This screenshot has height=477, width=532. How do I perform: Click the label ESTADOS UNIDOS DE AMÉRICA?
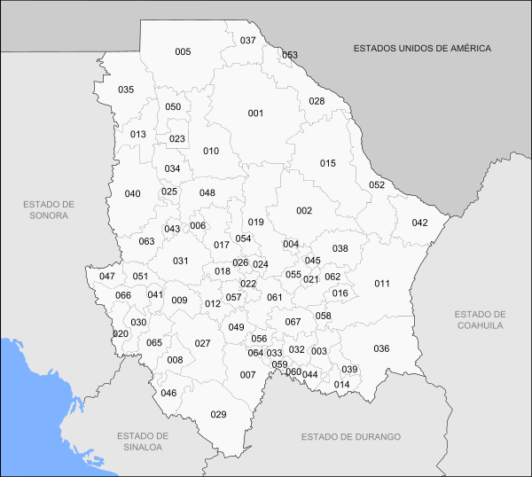click(421, 48)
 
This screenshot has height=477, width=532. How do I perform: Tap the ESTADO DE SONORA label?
click(50, 209)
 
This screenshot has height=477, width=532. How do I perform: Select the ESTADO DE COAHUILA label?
click(480, 320)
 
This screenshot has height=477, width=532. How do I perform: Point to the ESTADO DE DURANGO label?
click(350, 437)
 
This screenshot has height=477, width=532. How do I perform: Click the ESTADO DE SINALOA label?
click(142, 442)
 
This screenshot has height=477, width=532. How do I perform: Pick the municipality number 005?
click(183, 52)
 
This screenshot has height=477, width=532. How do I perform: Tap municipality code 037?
click(248, 41)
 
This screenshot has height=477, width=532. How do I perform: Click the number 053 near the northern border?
click(290, 55)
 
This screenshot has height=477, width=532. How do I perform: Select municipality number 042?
click(419, 223)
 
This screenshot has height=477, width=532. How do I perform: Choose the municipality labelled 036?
click(381, 348)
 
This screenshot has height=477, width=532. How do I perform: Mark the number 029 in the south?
click(218, 415)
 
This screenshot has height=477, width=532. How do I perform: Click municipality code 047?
click(107, 277)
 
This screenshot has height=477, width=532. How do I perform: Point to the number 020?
click(121, 333)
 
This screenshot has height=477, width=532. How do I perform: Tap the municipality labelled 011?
click(381, 284)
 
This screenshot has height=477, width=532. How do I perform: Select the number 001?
click(256, 113)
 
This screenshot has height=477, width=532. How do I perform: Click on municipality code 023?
click(177, 139)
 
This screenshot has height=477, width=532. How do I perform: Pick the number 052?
click(377, 185)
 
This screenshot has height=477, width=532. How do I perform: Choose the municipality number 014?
click(341, 384)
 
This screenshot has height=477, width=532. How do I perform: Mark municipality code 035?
click(126, 90)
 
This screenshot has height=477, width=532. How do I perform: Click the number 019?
click(256, 223)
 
